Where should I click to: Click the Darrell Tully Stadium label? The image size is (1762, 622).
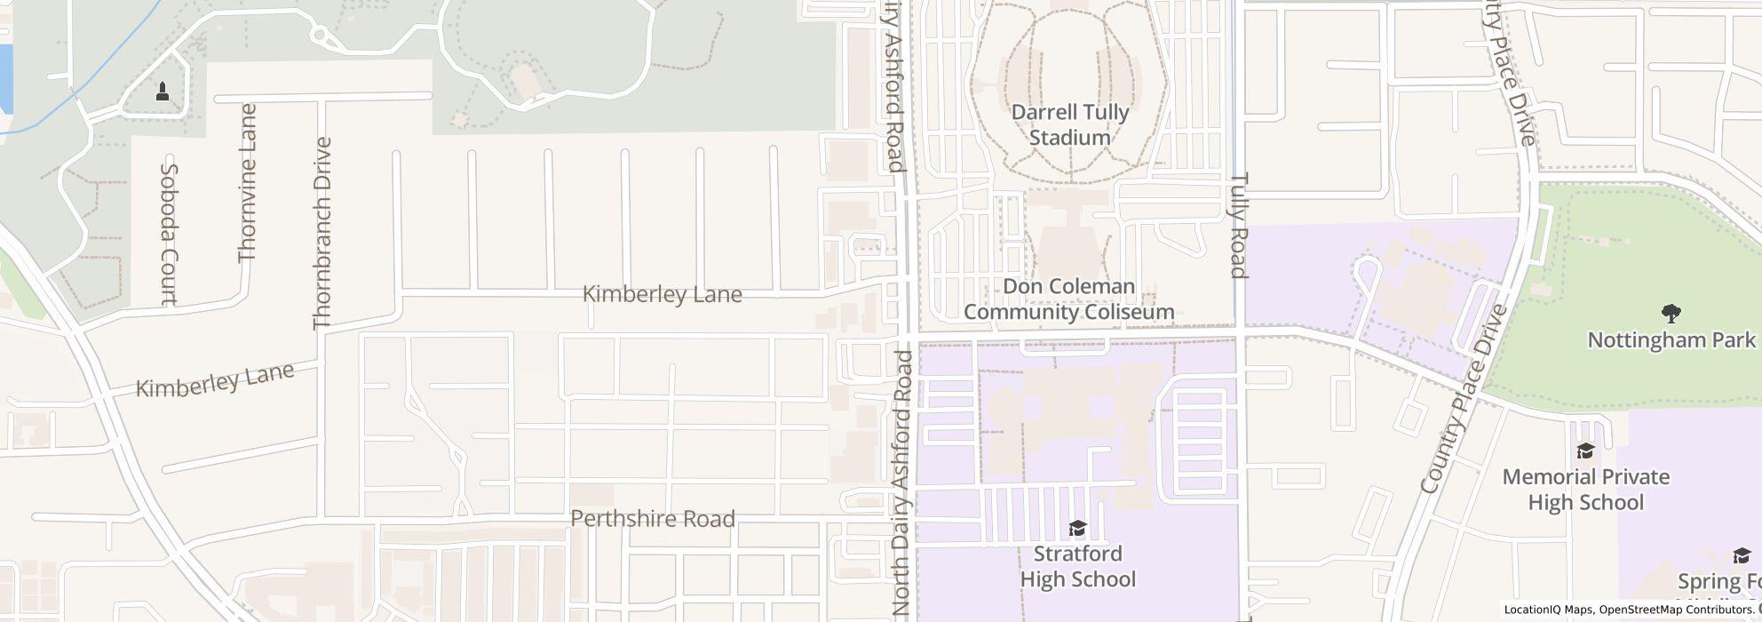point(1070,125)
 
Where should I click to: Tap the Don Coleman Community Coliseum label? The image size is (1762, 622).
point(1068,299)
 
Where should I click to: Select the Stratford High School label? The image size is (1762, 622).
point(1077,567)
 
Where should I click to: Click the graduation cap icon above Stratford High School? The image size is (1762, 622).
point(1077,530)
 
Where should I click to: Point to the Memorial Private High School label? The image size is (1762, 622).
point(1585,490)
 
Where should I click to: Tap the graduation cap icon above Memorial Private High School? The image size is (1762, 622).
point(1585,451)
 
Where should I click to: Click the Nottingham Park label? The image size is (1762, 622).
point(1671,340)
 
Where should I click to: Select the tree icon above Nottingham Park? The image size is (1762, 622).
point(1671,313)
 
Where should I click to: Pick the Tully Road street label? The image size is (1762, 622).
point(1240,225)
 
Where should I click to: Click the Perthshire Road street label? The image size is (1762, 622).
point(653,519)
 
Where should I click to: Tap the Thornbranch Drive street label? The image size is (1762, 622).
point(321,233)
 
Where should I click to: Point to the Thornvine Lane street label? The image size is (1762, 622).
point(247,183)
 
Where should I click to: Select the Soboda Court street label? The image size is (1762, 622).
point(169,235)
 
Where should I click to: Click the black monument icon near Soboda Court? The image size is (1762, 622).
point(163,91)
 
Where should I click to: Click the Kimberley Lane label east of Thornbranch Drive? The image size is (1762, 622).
point(662,294)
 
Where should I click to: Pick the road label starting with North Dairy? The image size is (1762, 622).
point(902,484)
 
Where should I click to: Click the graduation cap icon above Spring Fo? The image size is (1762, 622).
point(1741,556)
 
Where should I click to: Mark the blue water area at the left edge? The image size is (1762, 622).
point(5,78)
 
